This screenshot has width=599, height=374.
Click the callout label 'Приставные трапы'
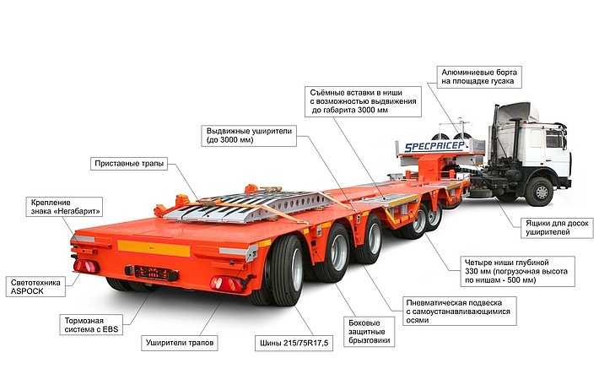tap(129, 164)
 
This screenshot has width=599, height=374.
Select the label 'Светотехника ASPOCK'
tap(35, 287)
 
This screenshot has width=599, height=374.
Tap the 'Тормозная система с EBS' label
tap(91, 325)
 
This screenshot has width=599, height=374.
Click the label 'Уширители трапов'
tap(180, 343)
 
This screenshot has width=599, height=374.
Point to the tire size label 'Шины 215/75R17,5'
tap(294, 343)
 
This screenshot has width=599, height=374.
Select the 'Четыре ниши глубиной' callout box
tap(518, 271)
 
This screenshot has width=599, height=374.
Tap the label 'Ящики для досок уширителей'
tap(557, 228)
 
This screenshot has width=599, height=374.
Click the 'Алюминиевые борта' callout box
tap(479, 77)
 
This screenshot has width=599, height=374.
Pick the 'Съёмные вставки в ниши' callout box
tap(363, 101)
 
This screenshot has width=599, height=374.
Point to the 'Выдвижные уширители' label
tap(249, 135)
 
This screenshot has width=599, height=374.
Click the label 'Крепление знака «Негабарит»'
tap(64, 207)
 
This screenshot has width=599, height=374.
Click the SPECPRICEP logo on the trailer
tap(434, 146)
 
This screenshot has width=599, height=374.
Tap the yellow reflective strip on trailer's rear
tap(154, 248)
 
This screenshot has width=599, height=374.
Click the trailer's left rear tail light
tap(86, 266)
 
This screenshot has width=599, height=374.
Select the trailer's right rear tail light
tap(227, 285)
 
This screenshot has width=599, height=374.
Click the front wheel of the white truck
tap(540, 192)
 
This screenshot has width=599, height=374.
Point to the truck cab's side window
tap(554, 138)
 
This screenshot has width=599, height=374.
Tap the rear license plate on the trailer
tap(152, 273)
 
